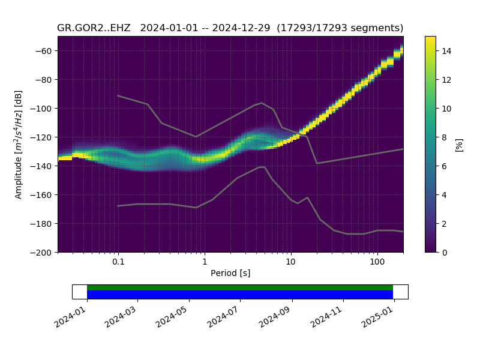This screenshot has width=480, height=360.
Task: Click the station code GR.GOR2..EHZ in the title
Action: pyautogui.click(x=94, y=28)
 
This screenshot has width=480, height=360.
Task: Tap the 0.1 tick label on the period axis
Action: pyautogui.click(x=118, y=262)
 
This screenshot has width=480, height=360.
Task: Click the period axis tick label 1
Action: pyautogui.click(x=205, y=262)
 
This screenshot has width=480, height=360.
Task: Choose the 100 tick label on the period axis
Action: pyautogui.click(x=377, y=262)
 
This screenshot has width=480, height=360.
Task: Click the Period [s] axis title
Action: pyautogui.click(x=230, y=273)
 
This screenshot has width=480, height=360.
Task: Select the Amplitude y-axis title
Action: pyautogui.click(x=19, y=144)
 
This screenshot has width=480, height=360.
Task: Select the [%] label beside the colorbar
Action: pyautogui.click(x=460, y=144)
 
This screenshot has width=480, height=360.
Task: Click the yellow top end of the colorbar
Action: pyautogui.click(x=430, y=39)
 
